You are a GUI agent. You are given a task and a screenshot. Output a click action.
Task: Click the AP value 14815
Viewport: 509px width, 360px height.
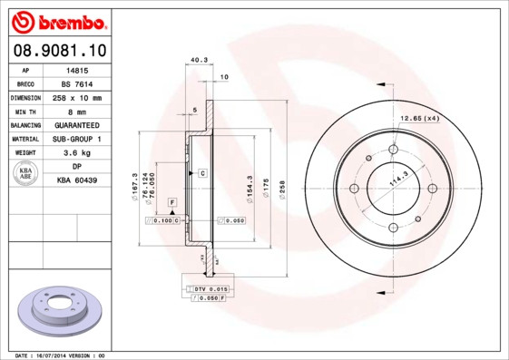click(78, 69)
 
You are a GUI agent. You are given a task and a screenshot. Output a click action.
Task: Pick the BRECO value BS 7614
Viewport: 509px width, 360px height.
click(78, 83)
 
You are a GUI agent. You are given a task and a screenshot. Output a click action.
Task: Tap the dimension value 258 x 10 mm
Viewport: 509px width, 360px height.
click(78, 97)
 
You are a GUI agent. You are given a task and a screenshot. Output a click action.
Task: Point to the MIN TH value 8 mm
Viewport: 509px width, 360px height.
click(78, 111)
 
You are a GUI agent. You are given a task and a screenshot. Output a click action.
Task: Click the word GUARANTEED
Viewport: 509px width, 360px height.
click(78, 125)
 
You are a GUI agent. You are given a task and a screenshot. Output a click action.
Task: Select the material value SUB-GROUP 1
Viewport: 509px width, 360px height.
click(78, 139)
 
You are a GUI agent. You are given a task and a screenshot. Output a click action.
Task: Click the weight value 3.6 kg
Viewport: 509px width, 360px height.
click(78, 153)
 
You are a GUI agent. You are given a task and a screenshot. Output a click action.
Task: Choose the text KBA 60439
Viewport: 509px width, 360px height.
click(78, 180)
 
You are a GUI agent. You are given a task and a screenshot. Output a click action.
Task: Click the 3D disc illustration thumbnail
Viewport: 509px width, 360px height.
click(62, 311)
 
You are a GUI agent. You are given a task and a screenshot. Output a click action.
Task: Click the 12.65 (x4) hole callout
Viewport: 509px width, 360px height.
click(420, 117)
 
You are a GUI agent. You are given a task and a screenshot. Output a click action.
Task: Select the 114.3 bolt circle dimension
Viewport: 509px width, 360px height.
click(397, 180)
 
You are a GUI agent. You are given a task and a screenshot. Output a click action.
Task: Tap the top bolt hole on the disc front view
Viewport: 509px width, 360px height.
click(393, 150)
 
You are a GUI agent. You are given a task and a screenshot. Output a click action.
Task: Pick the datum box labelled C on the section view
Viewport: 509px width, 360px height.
click(202, 172)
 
